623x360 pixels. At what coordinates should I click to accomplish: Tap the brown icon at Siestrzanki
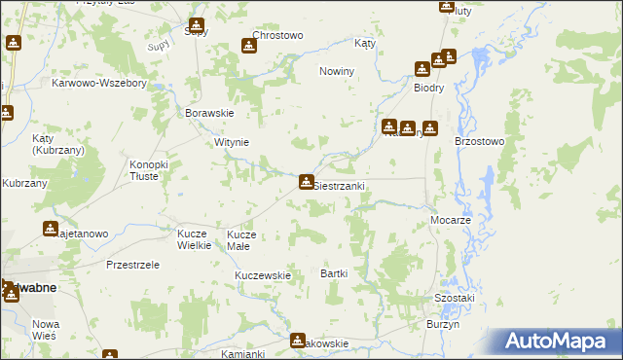click(x=307, y=182)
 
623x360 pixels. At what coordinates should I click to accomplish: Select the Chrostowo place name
click(x=279, y=35)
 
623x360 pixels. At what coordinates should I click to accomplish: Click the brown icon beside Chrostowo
click(x=249, y=45)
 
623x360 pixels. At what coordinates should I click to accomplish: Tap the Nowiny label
click(x=336, y=72)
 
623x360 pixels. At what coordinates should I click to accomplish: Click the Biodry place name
click(x=428, y=86)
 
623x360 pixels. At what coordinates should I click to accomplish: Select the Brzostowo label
click(x=479, y=141)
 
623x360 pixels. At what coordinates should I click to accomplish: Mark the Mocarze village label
click(x=451, y=221)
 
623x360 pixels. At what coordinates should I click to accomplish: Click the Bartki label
click(x=334, y=273)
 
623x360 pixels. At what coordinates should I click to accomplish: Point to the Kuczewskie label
click(x=263, y=275)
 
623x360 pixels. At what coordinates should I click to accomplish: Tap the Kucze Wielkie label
click(x=194, y=239)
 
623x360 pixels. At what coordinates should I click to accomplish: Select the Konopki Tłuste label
click(x=149, y=170)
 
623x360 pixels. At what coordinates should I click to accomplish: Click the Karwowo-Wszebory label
click(x=99, y=84)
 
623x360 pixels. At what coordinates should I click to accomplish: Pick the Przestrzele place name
click(x=131, y=265)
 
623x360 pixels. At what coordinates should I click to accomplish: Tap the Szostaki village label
click(x=454, y=297)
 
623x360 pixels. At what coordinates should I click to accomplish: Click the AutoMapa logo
click(x=558, y=342)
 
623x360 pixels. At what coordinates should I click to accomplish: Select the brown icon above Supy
click(x=197, y=25)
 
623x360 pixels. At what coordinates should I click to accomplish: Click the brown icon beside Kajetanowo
click(x=51, y=229)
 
